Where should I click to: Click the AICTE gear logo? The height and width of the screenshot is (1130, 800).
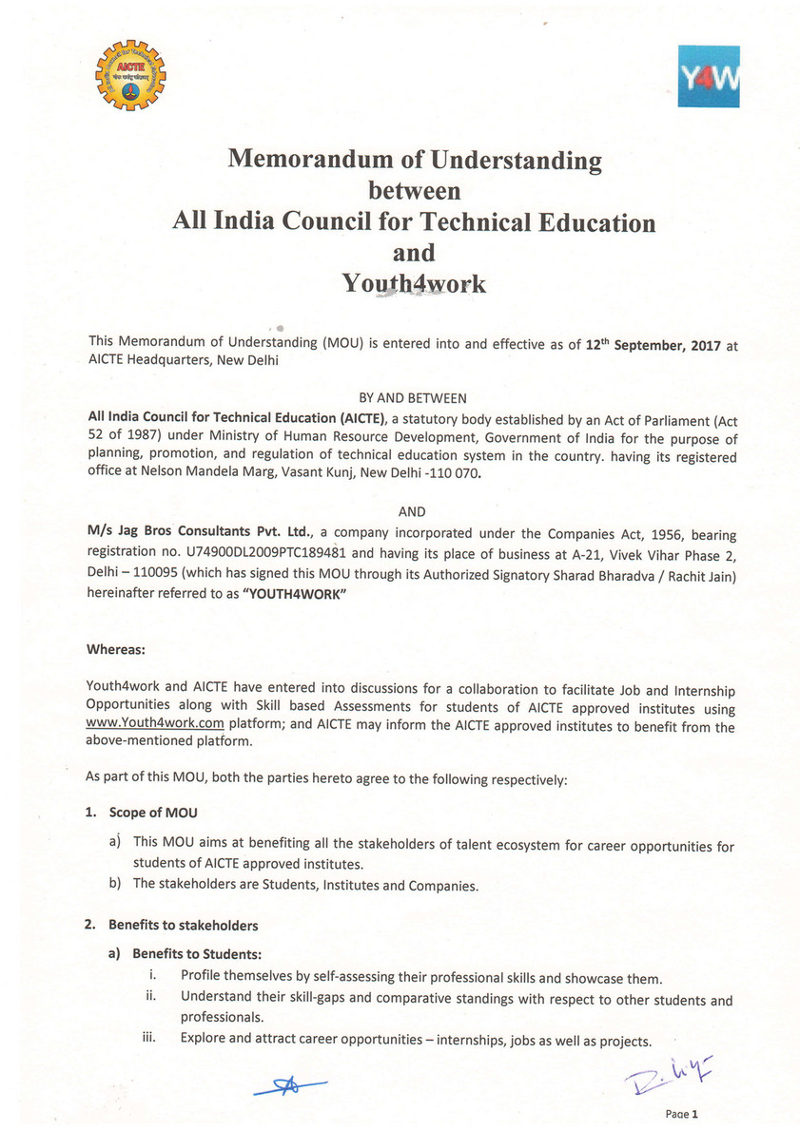point(130,75)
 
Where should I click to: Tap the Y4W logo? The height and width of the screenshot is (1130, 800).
point(709,77)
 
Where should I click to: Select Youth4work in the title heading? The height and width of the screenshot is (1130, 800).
point(414,283)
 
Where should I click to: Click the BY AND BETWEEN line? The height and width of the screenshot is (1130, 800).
point(412,397)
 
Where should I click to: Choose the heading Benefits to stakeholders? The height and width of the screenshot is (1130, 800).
point(183,925)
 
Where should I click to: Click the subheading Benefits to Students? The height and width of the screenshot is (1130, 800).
point(196,953)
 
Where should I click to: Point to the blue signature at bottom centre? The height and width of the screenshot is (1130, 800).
point(289,1084)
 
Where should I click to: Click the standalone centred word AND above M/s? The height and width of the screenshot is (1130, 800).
point(412,512)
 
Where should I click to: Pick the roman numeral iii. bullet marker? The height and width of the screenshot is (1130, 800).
point(148,1038)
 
